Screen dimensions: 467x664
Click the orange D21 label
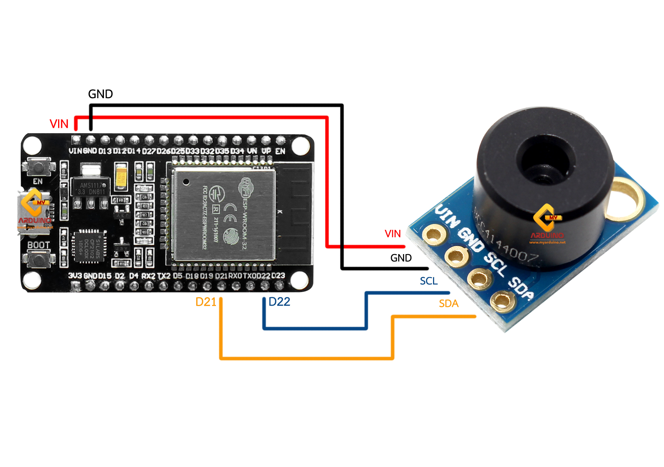(206, 302)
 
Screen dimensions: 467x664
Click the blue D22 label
(279, 302)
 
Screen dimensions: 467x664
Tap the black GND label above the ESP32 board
(100, 94)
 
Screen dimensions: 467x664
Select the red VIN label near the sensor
(392, 234)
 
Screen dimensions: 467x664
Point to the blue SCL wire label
(428, 281)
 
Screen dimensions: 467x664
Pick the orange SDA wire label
(448, 304)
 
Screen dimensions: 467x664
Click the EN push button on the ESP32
(38, 167)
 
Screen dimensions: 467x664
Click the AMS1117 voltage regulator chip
(91, 188)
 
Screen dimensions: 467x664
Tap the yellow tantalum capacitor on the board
(122, 177)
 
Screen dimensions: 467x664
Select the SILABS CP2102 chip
(89, 246)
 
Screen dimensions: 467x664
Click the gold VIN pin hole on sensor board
(434, 234)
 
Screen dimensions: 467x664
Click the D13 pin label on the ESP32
(105, 151)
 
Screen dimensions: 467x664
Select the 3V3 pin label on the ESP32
(75, 276)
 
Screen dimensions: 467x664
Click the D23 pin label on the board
(278, 276)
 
